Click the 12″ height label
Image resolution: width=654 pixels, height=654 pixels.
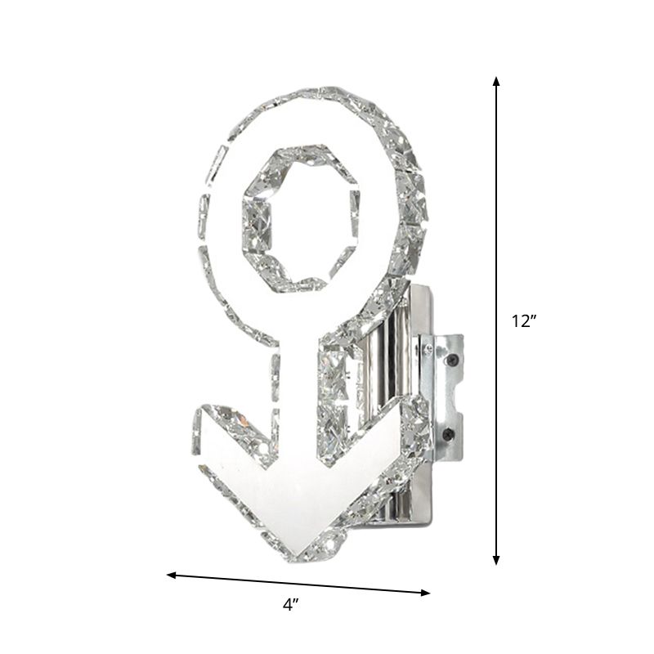(x=524, y=321)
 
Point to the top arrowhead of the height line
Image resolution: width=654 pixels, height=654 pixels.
(x=496, y=82)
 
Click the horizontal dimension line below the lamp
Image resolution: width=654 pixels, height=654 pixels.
(x=298, y=584)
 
